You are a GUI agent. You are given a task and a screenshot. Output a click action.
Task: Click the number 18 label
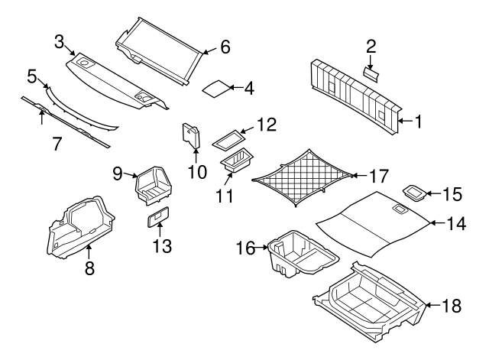[x=452, y=306]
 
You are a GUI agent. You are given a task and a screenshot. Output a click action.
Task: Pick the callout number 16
[x=247, y=248]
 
